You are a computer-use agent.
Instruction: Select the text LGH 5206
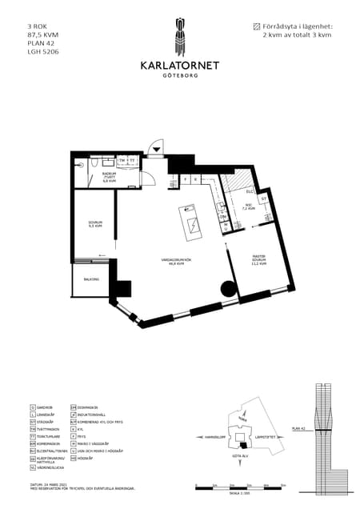pos(43,51)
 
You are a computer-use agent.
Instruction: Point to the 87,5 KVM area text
pos(43,35)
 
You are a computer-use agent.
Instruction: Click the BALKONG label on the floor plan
pos(91,279)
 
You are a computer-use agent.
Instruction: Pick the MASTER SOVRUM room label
pos(258,260)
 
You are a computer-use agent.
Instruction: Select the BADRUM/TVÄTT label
pos(110,179)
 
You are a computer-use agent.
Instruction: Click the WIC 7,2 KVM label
pos(249,206)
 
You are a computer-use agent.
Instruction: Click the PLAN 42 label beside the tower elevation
pos(298,429)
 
